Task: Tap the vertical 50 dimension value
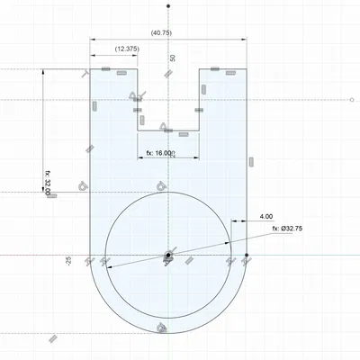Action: coord(172,58)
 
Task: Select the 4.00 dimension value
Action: coord(266,217)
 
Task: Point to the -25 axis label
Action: coord(68,261)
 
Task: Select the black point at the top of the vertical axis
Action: coord(168,6)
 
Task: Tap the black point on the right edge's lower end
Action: coord(247,256)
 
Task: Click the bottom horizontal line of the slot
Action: coord(168,130)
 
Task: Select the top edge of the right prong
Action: coord(223,68)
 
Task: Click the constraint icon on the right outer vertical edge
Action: coord(251,162)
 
